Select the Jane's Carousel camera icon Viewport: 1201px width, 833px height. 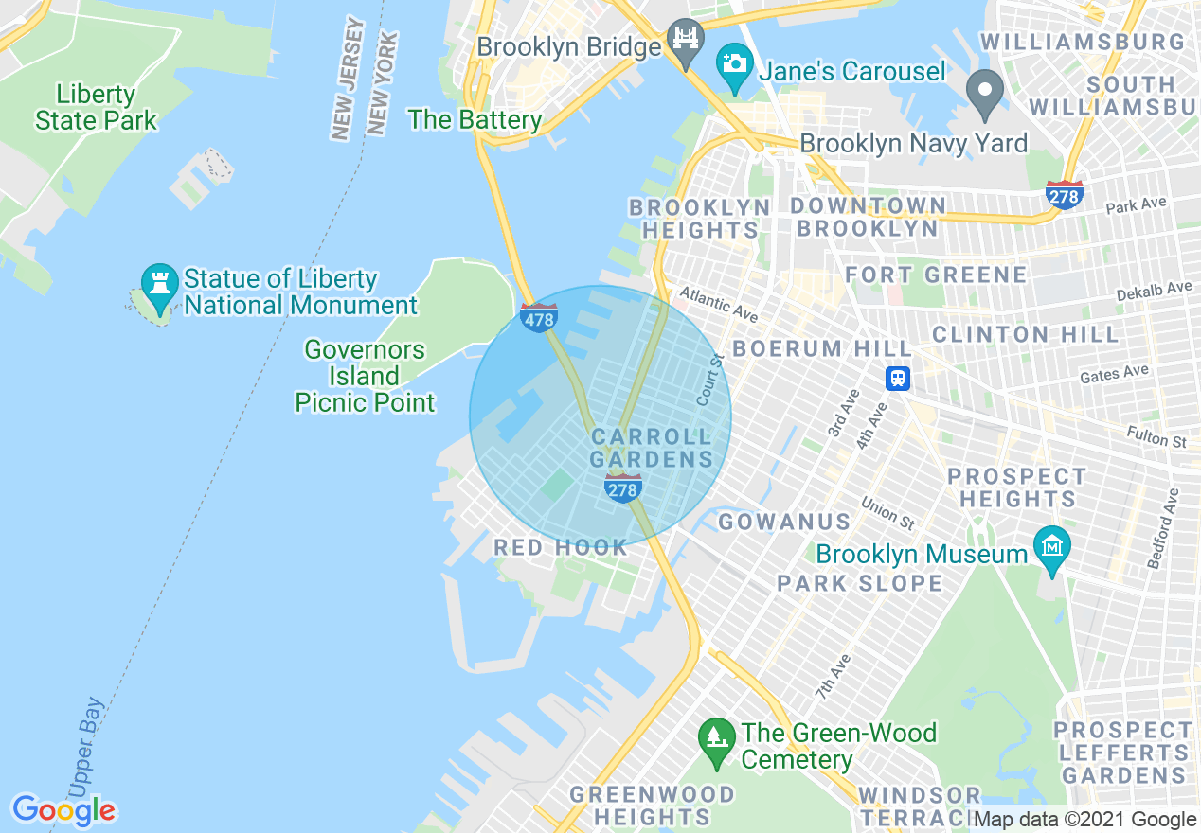(x=734, y=64)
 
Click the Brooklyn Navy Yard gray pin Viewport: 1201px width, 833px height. (x=985, y=93)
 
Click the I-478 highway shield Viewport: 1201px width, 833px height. (x=539, y=317)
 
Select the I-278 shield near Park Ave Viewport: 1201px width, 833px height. (x=1065, y=195)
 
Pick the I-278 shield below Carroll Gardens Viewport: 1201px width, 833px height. (x=622, y=488)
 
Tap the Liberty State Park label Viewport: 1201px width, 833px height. (x=96, y=108)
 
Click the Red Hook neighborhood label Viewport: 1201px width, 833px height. (x=561, y=547)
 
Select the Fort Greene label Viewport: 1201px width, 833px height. (x=936, y=275)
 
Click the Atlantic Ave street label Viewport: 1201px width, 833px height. (x=718, y=304)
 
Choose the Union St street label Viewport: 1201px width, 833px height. (x=887, y=513)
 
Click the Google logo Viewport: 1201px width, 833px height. (x=63, y=810)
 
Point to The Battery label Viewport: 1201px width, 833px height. (x=475, y=120)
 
